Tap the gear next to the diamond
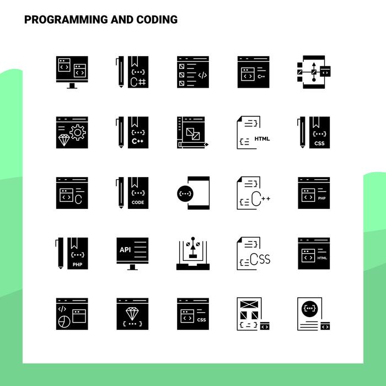tap(78, 132)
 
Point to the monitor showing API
tap(132, 253)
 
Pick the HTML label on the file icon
tap(262, 138)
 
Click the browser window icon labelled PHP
tap(314, 193)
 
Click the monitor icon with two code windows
tap(72, 72)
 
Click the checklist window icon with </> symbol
tap(193, 72)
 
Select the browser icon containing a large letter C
tap(72, 193)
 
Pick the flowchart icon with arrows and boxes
tap(314, 72)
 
